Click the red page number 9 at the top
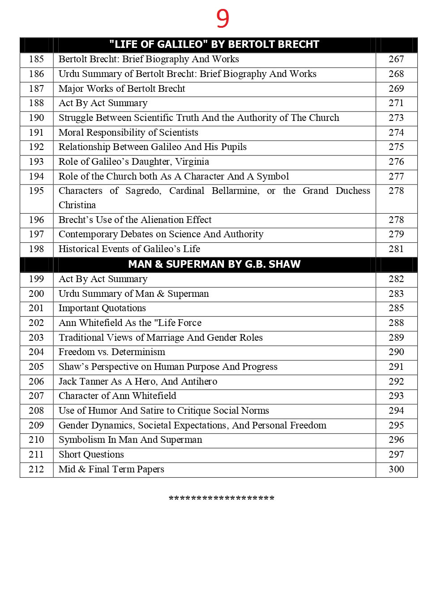pyautogui.click(x=223, y=19)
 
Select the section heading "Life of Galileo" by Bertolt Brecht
pyautogui.click(x=214, y=44)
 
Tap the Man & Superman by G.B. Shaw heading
pyautogui.click(x=214, y=264)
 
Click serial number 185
pyautogui.click(x=36, y=59)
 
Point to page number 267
pyautogui.click(x=396, y=59)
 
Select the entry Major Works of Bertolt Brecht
pyautogui.click(x=122, y=89)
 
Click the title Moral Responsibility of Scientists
pyautogui.click(x=128, y=133)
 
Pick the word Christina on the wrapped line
pyautogui.click(x=77, y=205)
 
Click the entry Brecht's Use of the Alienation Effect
pyautogui.click(x=135, y=220)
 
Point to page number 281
pyautogui.click(x=396, y=249)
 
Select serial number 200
pyautogui.click(x=36, y=294)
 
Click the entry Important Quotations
pyautogui.click(x=102, y=308)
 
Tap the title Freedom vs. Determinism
pyautogui.click(x=112, y=352)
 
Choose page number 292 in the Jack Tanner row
pyautogui.click(x=396, y=381)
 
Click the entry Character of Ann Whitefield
pyautogui.click(x=117, y=396)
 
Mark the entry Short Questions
pyautogui.click(x=91, y=454)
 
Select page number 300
pyautogui.click(x=396, y=469)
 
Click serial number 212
pyautogui.click(x=36, y=469)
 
